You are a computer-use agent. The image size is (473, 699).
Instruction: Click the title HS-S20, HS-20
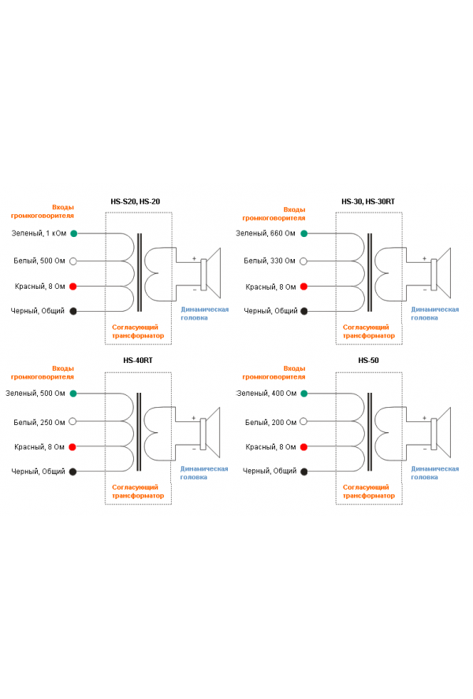coord(136,202)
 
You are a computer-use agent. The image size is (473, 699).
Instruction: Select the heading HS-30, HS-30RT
coord(368,202)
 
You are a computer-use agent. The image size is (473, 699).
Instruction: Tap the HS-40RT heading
coord(138,361)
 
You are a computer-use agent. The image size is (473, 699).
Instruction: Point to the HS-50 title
coord(368,361)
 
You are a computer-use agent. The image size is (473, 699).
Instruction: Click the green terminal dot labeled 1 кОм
coord(73,233)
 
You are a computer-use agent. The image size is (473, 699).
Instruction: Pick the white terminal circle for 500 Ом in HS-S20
coord(73,261)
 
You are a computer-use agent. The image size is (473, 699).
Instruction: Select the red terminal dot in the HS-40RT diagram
coord(73,446)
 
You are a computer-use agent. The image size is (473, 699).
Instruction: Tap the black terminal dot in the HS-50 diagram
coord(304,472)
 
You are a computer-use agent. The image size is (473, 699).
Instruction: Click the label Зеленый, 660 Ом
coord(266,233)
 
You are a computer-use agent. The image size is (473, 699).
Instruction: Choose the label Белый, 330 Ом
coord(270,261)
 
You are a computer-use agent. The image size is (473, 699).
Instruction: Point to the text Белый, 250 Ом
coord(39,422)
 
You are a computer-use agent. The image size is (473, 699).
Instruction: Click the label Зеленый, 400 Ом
coord(266,394)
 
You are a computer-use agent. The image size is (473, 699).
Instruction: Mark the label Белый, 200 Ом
coord(270,422)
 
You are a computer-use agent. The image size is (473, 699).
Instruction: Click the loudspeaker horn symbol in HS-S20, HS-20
coord(210,273)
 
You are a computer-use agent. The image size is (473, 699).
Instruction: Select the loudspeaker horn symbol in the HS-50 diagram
coord(441,432)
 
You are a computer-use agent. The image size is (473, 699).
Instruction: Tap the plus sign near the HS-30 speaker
coord(424,258)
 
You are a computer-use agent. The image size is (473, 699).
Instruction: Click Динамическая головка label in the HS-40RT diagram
coord(203,473)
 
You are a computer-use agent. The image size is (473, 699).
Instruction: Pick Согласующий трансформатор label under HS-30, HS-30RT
coord(368,331)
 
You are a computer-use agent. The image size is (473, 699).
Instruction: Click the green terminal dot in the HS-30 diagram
coord(304,234)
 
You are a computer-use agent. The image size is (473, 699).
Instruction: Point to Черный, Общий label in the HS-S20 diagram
coord(38,311)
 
